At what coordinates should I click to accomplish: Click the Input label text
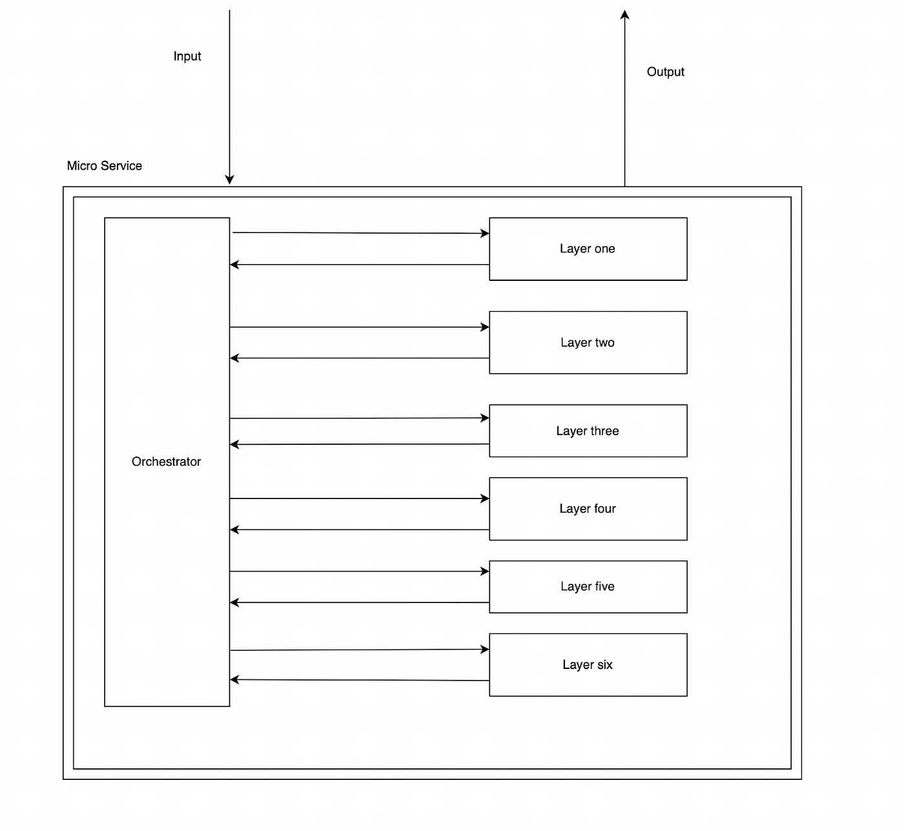(187, 57)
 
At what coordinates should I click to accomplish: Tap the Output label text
(665, 72)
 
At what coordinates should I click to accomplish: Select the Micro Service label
(104, 166)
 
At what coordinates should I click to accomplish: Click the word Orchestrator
(166, 462)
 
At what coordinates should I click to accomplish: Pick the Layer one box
(588, 249)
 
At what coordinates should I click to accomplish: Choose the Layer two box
(588, 342)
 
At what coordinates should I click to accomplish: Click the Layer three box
(588, 431)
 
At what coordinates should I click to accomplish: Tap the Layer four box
(588, 509)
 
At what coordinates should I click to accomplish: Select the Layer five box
(588, 586)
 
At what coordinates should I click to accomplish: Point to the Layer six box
(588, 664)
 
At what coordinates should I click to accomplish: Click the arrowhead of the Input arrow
(229, 180)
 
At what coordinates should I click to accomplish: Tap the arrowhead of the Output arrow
(624, 14)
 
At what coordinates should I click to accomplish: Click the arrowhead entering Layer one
(485, 233)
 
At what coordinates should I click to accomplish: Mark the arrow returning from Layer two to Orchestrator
(359, 358)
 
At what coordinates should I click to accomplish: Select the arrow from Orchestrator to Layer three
(359, 418)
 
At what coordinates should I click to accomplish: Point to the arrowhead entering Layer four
(485, 498)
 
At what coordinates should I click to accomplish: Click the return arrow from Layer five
(359, 602)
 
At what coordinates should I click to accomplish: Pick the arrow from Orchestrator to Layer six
(359, 650)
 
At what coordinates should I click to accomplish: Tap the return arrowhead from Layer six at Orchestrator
(234, 679)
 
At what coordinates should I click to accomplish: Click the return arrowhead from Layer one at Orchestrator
(234, 265)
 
